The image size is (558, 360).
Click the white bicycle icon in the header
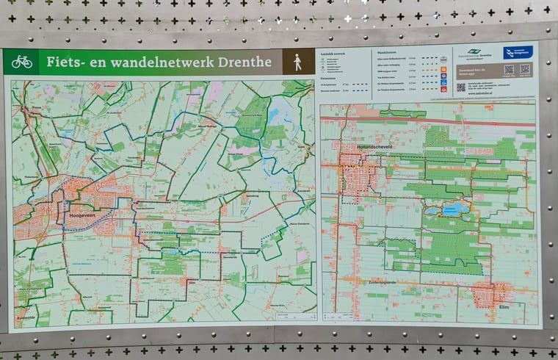coord(21,62)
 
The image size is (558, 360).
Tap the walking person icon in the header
coord(298,62)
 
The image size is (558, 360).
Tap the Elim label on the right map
coord(504,306)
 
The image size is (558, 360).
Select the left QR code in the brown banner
coord(509,71)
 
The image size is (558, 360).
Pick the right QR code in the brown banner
coord(525,71)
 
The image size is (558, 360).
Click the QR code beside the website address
coord(460,87)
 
